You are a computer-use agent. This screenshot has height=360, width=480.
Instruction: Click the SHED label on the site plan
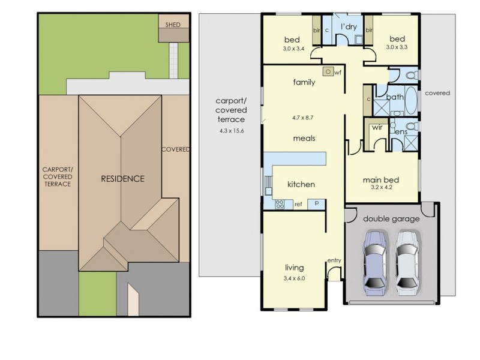[x=172, y=25]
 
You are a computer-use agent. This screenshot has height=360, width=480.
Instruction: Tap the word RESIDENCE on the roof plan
[x=122, y=178]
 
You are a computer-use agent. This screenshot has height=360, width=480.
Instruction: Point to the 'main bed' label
[x=382, y=179]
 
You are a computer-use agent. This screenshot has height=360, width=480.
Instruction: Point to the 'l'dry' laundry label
[x=350, y=28]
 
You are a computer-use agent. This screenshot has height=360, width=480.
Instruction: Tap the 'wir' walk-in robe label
[x=377, y=127]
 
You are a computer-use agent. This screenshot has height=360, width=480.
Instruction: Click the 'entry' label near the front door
[x=334, y=260]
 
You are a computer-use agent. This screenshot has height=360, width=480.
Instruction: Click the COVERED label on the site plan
[x=176, y=149]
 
